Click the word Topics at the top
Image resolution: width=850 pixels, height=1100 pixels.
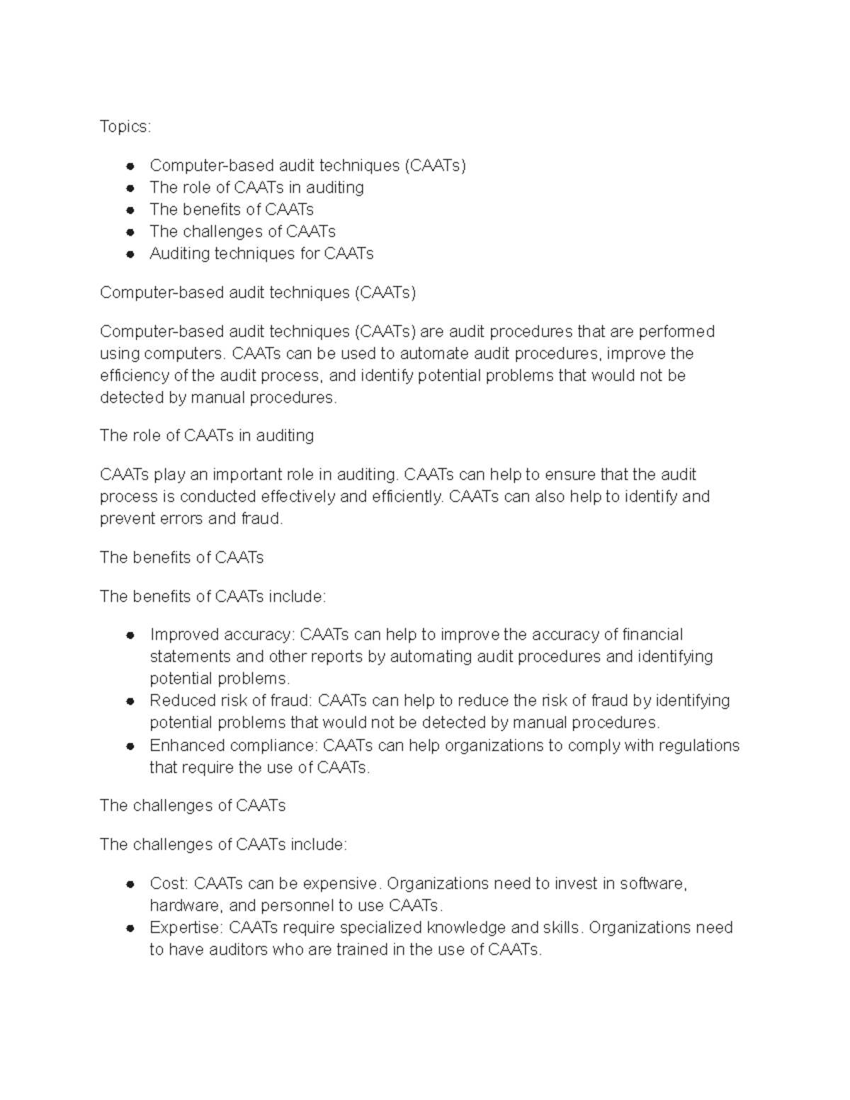(124, 127)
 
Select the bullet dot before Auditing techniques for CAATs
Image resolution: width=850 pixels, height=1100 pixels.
(130, 254)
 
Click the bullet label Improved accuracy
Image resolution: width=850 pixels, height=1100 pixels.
(222, 635)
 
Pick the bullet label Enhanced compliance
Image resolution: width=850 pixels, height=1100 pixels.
(235, 745)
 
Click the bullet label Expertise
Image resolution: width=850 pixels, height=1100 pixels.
(187, 927)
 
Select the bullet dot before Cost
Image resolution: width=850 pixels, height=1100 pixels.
(130, 885)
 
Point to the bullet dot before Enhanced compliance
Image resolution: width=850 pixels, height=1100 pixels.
(130, 747)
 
